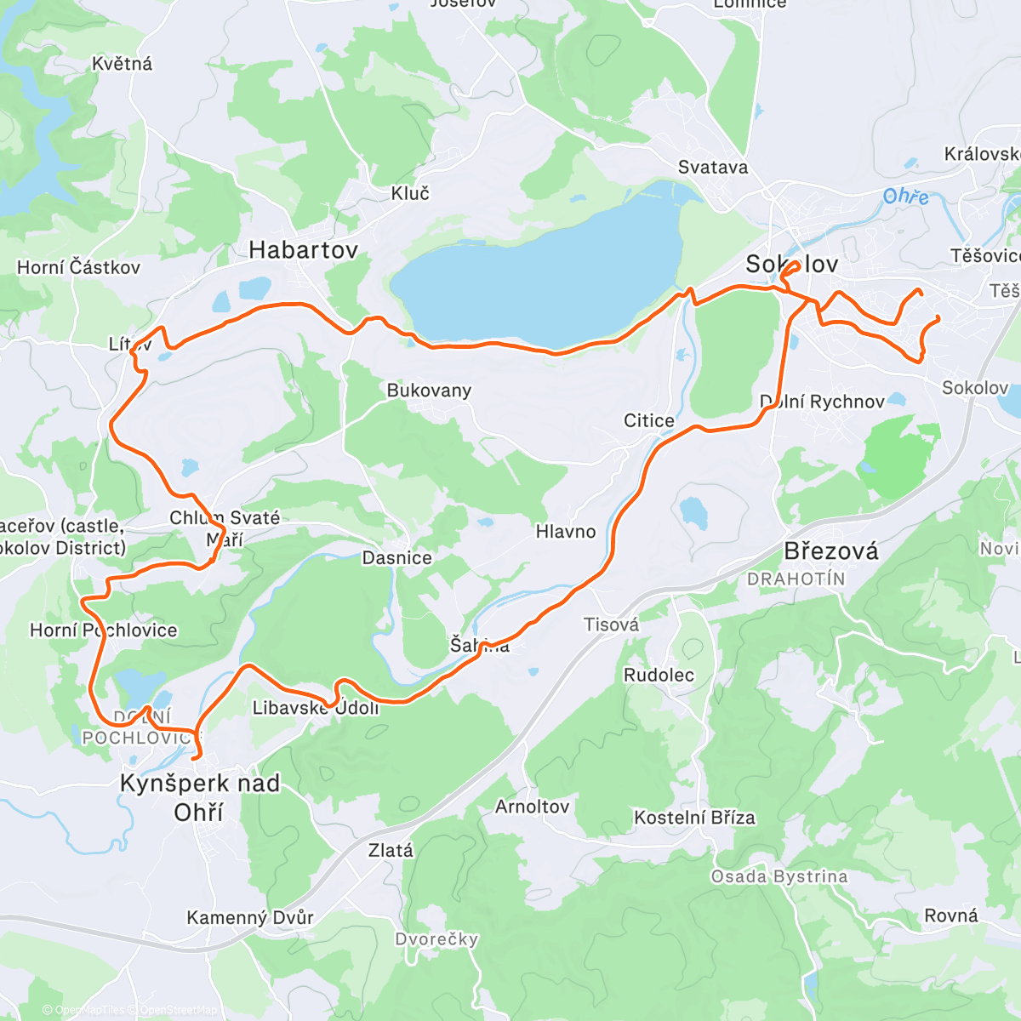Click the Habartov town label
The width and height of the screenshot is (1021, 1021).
(x=303, y=250)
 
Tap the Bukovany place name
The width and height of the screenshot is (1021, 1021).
(x=429, y=391)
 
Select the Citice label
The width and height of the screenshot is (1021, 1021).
(x=649, y=421)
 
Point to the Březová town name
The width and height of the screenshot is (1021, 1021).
(x=830, y=551)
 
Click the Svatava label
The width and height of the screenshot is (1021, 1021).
(x=713, y=168)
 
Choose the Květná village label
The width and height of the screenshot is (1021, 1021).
(x=123, y=64)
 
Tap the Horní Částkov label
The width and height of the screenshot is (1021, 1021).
(x=78, y=267)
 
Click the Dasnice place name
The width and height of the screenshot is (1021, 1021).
(x=397, y=558)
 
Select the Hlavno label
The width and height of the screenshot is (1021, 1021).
(x=566, y=532)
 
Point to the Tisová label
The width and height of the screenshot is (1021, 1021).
(x=611, y=625)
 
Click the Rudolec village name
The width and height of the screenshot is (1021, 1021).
(x=659, y=676)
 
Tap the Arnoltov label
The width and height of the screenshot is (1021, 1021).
(x=533, y=807)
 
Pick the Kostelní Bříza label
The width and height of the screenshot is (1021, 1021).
(x=694, y=819)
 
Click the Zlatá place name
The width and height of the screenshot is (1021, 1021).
(x=391, y=851)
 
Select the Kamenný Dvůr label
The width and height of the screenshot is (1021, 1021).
(x=250, y=918)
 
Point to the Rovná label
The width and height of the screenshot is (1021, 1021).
(x=951, y=916)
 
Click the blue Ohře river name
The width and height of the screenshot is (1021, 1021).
(x=905, y=197)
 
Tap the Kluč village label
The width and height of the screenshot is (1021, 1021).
(x=410, y=194)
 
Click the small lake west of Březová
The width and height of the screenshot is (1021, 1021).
(x=693, y=512)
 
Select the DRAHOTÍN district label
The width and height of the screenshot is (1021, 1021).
(x=796, y=579)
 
